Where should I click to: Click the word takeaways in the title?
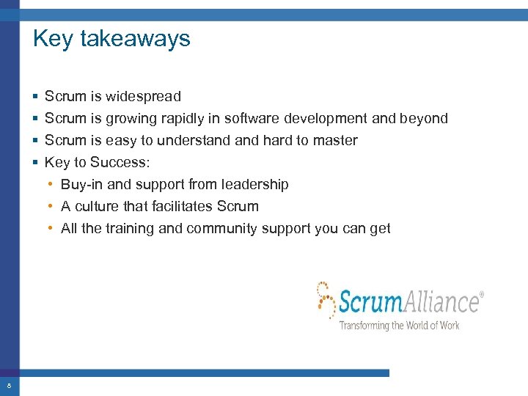pyautogui.click(x=135, y=39)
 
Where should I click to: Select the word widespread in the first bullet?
pyautogui.click(x=143, y=96)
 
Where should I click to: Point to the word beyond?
pyautogui.click(x=424, y=118)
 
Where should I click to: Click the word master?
pyautogui.click(x=335, y=140)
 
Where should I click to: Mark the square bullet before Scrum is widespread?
pyautogui.click(x=36, y=97)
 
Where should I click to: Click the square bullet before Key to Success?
pyautogui.click(x=36, y=163)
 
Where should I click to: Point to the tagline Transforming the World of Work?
pyautogui.click(x=399, y=325)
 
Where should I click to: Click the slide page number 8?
pyautogui.click(x=9, y=386)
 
